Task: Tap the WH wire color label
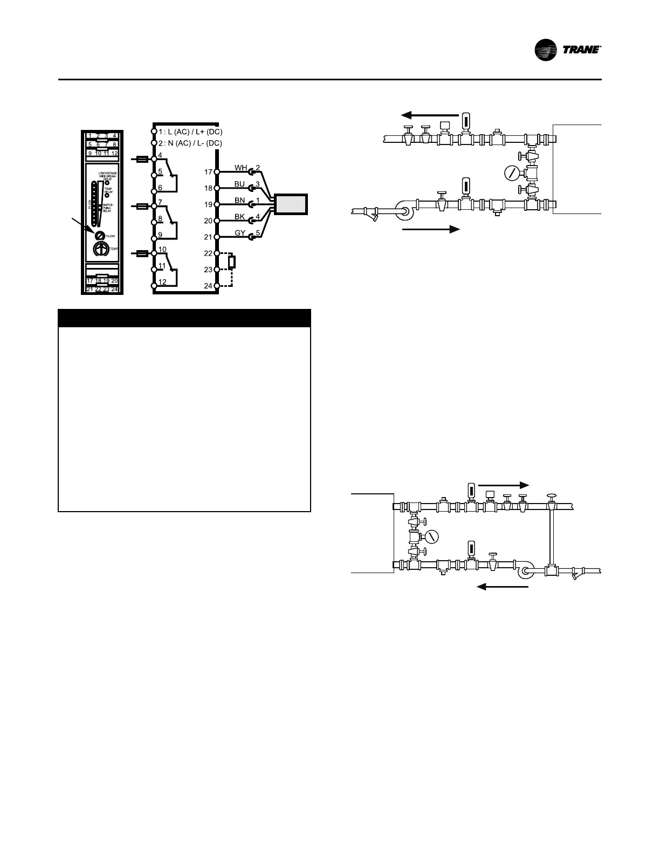(240, 168)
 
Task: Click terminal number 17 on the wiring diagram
(208, 172)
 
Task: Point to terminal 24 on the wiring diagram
(208, 286)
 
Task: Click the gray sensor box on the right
(291, 204)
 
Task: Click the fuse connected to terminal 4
(142, 159)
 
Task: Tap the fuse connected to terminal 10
(142, 253)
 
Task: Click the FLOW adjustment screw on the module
(100, 236)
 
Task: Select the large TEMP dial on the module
(100, 249)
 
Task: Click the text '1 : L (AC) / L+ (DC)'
(190, 132)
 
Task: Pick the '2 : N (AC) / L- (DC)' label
(190, 143)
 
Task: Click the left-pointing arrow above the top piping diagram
(429, 115)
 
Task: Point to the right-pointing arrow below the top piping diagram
(431, 229)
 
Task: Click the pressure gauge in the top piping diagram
(511, 173)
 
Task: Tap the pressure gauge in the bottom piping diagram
(431, 536)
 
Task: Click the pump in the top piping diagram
(404, 210)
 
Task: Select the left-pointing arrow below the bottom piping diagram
(503, 587)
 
